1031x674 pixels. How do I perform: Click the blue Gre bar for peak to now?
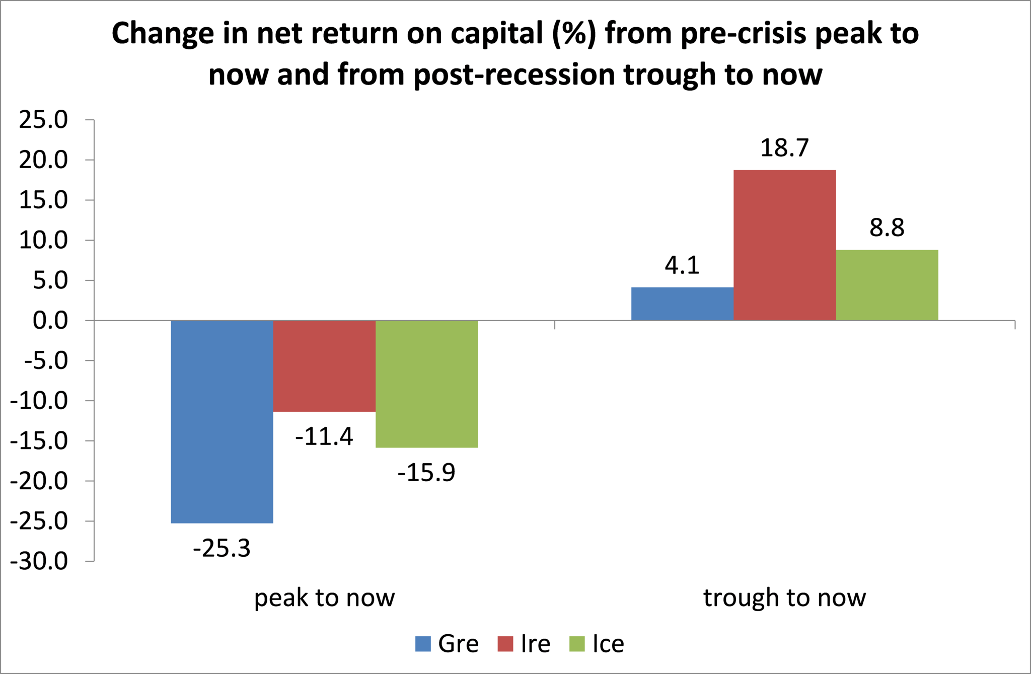point(222,422)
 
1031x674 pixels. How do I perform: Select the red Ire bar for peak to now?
point(324,366)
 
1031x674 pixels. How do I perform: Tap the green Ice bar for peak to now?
point(427,384)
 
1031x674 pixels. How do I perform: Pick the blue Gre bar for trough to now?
point(683,304)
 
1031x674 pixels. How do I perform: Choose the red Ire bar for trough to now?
point(785,245)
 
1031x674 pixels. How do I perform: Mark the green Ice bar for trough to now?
point(887,285)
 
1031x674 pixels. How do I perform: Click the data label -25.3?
point(222,548)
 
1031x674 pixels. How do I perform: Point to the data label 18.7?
point(784,148)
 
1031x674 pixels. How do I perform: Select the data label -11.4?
point(324,436)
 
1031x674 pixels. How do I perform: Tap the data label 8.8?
point(887,228)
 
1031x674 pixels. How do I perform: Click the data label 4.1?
point(682,265)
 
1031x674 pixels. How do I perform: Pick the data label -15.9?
point(426,472)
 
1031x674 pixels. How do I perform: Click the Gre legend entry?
point(447,644)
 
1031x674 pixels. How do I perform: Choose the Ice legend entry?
point(597,644)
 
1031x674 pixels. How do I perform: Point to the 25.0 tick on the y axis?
point(43,120)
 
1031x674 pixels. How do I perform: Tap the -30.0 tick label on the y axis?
point(39,561)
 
